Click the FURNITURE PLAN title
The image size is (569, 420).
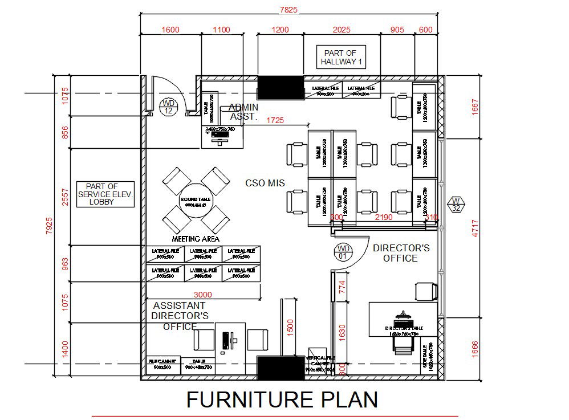coord(282,399)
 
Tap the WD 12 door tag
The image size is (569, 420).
coord(168,107)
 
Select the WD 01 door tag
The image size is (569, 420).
coord(343,252)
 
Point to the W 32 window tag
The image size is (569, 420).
coord(456,205)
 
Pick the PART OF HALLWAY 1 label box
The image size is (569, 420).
coord(340,57)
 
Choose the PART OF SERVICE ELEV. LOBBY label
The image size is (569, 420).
coord(105,194)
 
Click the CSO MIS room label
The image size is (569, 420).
coord(265,184)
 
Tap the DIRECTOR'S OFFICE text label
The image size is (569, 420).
coord(401,254)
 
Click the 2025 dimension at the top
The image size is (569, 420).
coord(341,30)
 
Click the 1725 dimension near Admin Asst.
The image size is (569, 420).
coord(275,120)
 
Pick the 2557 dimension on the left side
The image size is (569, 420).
coord(65,197)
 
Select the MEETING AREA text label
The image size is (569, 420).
coord(196,239)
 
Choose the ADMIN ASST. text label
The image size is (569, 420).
coord(243,112)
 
